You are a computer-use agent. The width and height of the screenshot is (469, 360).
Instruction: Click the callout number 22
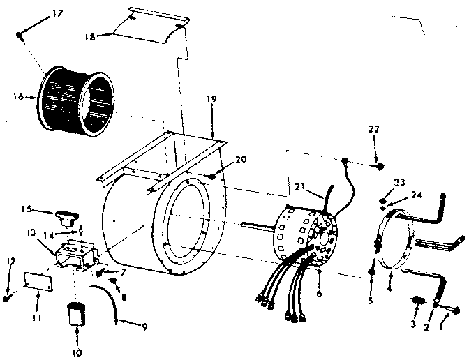coord(375,130)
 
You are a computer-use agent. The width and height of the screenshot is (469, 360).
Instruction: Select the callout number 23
coord(400,183)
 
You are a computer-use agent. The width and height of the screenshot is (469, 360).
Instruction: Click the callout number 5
coord(371,301)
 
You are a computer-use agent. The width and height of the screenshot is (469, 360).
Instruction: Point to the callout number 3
coord(413,324)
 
